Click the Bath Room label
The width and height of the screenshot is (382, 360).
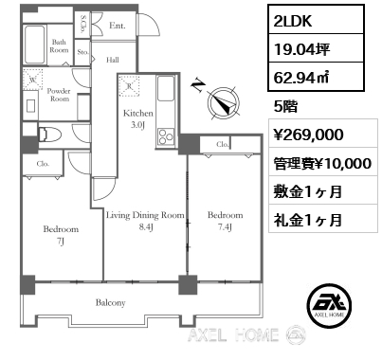pyautogui.click(x=59, y=45)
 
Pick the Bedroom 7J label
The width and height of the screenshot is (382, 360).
pyautogui.click(x=60, y=235)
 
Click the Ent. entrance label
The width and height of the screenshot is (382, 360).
pyautogui.click(x=117, y=27)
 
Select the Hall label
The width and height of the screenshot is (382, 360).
pyautogui.click(x=112, y=59)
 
